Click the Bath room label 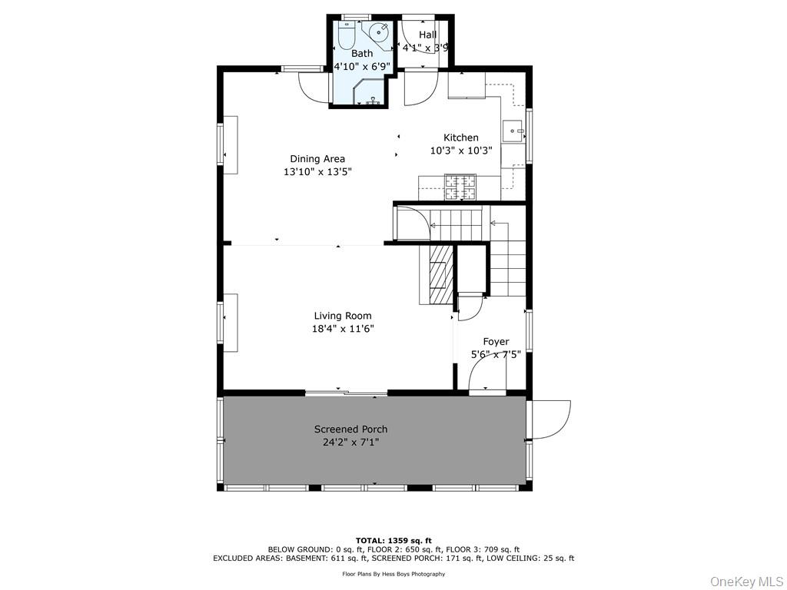(362, 53)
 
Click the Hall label (427, 35)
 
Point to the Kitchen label (461, 138)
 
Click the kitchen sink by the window (513, 131)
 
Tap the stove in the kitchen (460, 187)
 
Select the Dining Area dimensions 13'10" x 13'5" (317, 171)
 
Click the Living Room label (343, 316)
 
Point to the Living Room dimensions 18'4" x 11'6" (343, 329)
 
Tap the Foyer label (496, 342)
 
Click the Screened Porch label (350, 429)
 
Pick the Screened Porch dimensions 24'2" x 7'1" (350, 442)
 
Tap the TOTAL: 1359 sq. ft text (393, 540)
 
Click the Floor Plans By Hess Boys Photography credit (393, 574)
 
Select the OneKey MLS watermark (747, 582)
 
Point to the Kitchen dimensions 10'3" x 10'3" (461, 150)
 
